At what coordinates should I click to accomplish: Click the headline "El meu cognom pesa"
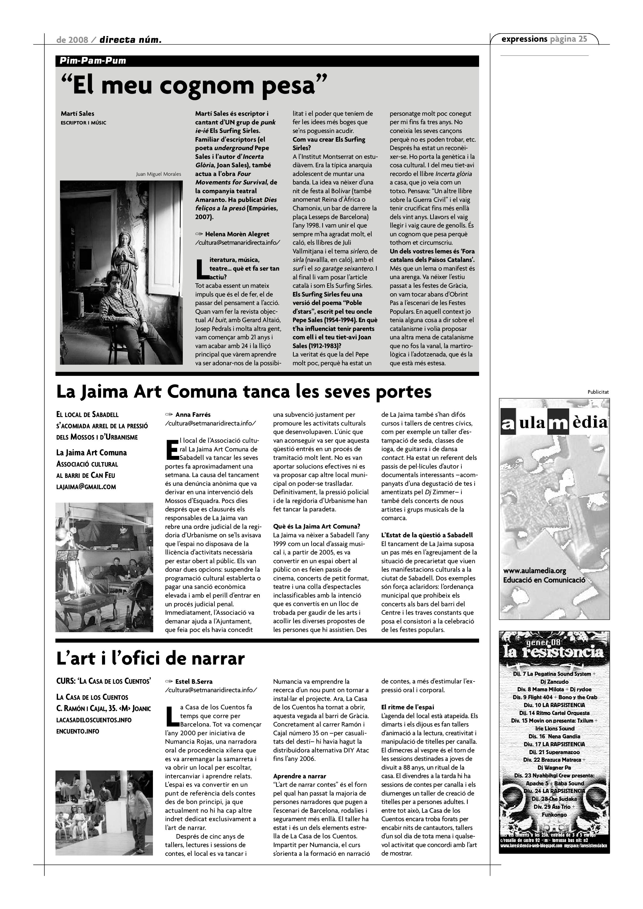point(194,85)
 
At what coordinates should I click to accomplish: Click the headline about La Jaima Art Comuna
point(244,392)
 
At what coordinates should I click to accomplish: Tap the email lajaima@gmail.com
point(86,487)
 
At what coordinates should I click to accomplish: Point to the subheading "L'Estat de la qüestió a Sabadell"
point(427,535)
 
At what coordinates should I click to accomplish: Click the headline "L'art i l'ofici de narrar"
point(150,658)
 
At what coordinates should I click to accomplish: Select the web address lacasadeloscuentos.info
point(94,720)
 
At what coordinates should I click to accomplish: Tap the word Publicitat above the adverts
point(598,392)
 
